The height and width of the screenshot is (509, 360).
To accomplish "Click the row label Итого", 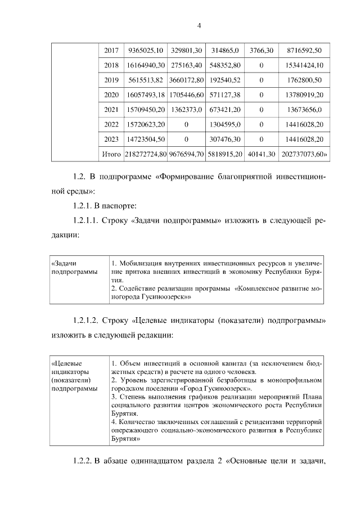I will pyautogui.click(x=111, y=153).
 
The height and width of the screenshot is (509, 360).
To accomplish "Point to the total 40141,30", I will pyautogui.click(x=261, y=153).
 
